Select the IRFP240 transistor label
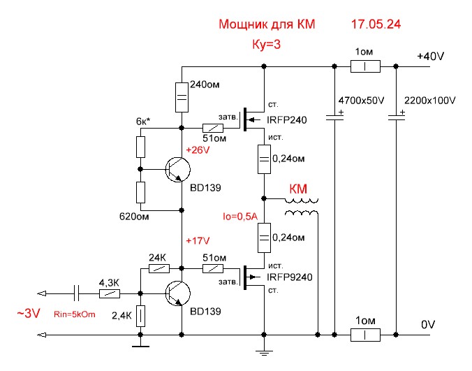tap(286, 120)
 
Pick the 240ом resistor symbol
tap(181, 98)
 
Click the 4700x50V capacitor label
tap(361, 101)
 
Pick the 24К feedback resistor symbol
tap(160, 268)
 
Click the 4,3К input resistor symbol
tap(109, 293)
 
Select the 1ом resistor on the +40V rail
tap(364, 67)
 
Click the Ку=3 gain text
tap(266, 45)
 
